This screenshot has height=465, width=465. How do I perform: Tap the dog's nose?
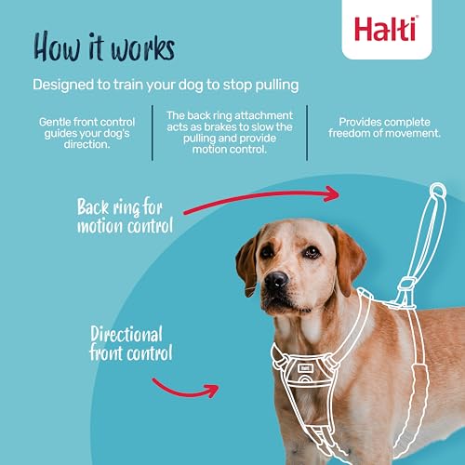(275, 280)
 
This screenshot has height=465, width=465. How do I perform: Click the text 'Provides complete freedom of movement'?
(388, 127)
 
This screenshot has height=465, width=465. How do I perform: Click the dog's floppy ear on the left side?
(246, 261)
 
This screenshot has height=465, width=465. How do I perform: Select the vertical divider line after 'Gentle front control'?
(153, 133)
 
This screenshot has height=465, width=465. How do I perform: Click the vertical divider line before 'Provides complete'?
(307, 133)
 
